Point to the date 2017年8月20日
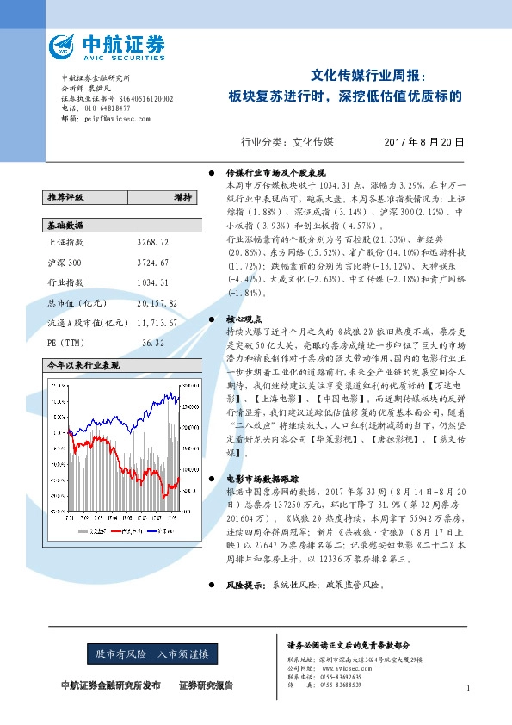point(423,141)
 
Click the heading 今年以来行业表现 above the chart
point(83,365)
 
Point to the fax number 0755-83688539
point(342,685)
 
